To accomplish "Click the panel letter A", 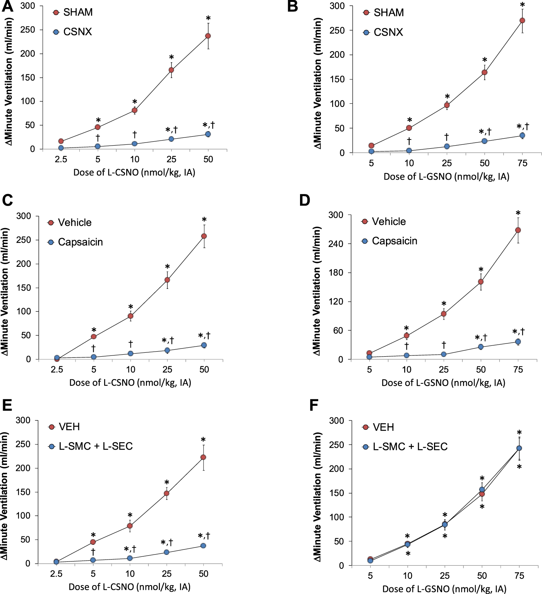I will click(x=7, y=7).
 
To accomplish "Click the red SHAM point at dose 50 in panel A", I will click(x=208, y=36).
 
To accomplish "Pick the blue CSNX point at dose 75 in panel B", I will click(x=522, y=136).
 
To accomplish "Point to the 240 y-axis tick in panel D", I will click(x=336, y=244).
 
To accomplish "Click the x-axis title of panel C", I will click(x=130, y=383).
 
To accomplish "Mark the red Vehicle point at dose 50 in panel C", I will click(x=204, y=236).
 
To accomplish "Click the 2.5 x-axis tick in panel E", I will click(x=56, y=574).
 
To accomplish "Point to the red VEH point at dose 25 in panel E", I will click(x=166, y=493).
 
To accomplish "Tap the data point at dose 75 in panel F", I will click(x=519, y=448).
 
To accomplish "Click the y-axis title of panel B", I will click(x=317, y=83).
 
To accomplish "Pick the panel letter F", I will click(x=314, y=405).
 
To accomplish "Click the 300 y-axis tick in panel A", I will click(x=27, y=6).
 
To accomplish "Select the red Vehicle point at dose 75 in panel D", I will click(x=518, y=230).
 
